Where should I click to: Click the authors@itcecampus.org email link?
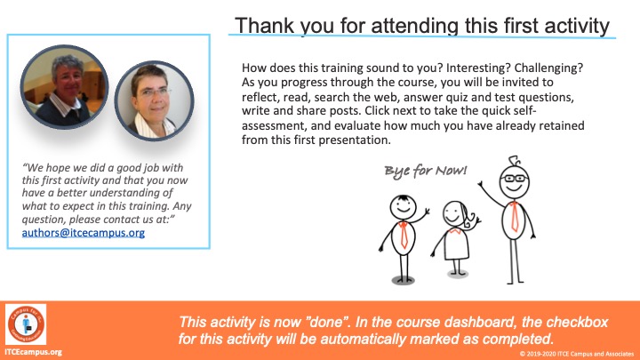click(84, 233)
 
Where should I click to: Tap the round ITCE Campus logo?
click(26, 324)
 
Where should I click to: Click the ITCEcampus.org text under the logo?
click(34, 352)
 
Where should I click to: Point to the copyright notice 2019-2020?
click(576, 354)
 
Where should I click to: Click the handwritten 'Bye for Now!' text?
click(425, 170)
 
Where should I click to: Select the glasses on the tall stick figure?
click(515, 178)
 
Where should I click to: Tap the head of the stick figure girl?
click(454, 213)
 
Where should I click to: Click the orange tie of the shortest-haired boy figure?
click(404, 235)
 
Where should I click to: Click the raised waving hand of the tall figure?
click(481, 185)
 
